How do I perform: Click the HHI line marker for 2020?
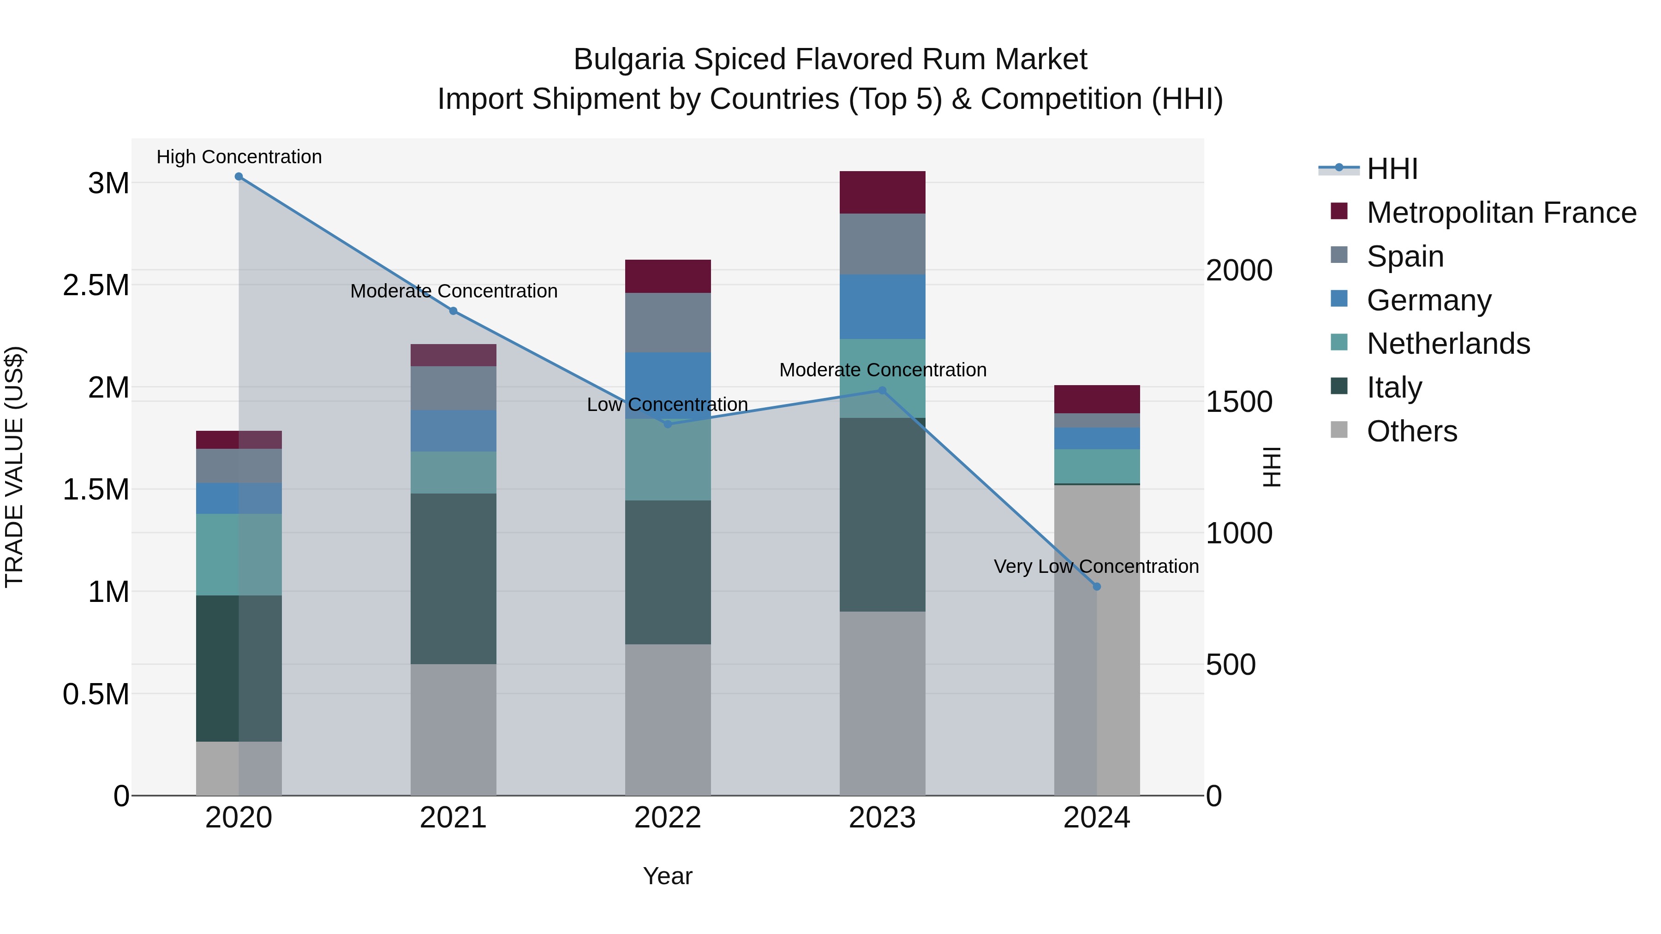coord(239,177)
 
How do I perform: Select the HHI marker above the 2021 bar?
coord(453,311)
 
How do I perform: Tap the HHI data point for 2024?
coord(1097,587)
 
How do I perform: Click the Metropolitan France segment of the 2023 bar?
coord(882,192)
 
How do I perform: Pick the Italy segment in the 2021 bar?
coord(453,578)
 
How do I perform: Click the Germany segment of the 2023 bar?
coord(882,307)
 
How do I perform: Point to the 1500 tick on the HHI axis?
coord(1239,402)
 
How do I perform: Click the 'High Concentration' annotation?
coord(239,157)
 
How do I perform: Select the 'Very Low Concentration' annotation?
coord(1096,566)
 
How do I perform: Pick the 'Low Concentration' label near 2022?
coord(667,405)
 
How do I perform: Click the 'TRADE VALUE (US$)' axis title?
coord(14,467)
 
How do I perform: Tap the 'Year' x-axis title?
coord(667,876)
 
